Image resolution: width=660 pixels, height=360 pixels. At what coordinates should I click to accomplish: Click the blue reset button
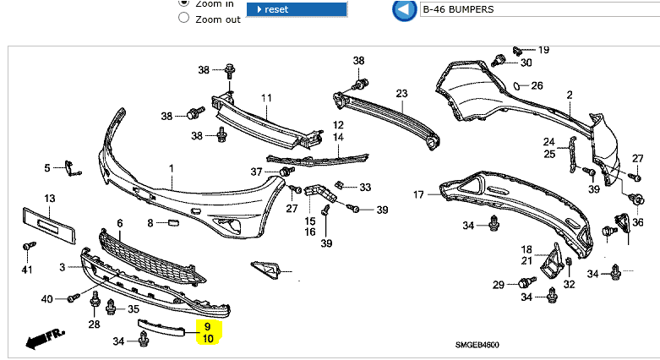296,9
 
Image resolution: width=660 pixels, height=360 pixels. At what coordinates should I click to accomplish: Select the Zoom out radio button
183,19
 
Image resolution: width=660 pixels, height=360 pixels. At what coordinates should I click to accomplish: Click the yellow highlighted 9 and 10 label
208,331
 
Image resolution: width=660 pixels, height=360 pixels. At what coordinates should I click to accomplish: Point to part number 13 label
50,199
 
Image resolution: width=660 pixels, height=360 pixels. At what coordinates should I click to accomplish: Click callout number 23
401,93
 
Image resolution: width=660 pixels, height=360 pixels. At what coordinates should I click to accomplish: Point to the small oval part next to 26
515,85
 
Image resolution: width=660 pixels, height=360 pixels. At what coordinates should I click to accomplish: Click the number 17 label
417,195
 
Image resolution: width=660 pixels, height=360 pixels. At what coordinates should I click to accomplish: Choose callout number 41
26,270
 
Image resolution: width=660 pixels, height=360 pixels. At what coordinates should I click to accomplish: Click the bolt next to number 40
74,297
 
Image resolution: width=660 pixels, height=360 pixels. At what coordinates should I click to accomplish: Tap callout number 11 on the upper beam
266,98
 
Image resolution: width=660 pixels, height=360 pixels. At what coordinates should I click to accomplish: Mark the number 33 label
365,187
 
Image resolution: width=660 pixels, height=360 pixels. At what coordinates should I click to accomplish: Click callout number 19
543,50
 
